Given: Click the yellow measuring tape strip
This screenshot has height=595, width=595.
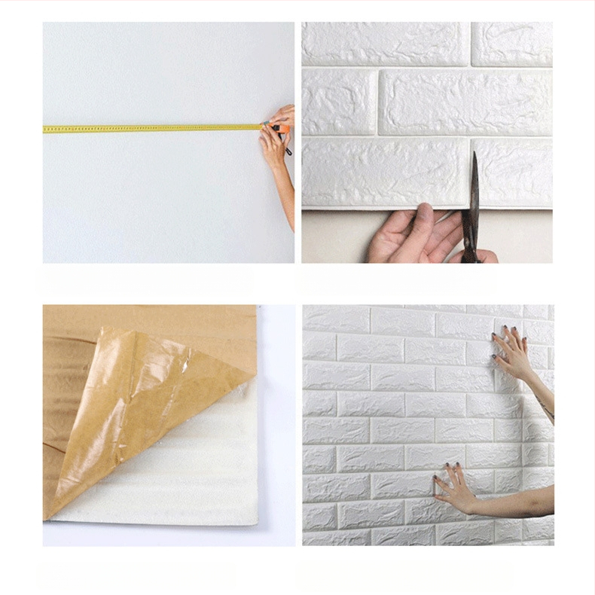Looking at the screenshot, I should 151,129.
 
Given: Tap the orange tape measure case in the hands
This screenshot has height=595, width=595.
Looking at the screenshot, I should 279,129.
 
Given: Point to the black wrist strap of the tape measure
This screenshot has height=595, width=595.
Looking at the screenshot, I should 288,151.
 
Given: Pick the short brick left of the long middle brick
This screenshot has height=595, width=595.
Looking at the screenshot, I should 339,102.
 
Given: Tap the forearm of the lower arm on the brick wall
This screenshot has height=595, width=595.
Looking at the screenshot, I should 520,500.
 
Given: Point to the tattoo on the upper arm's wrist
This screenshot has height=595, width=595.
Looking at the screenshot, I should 545,410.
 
